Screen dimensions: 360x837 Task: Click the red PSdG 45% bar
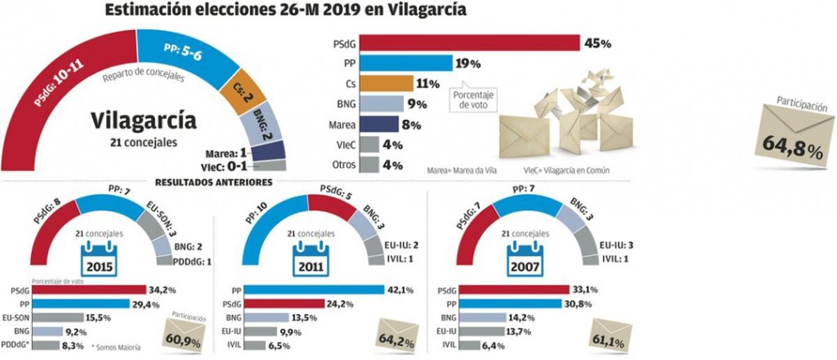point(481,43)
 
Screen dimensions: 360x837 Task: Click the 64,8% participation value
point(790,147)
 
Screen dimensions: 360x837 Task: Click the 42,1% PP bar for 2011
point(313,290)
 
